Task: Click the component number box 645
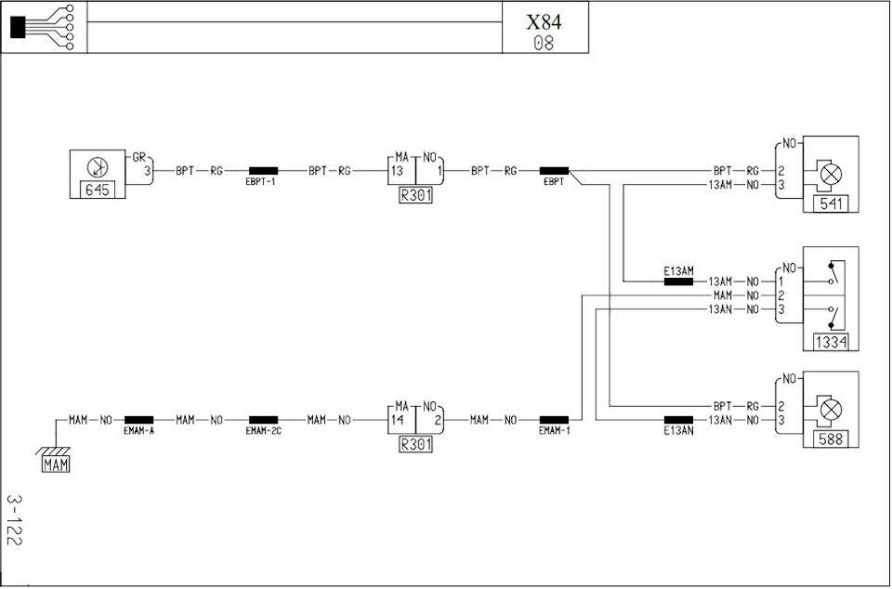(x=97, y=190)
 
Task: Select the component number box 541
(x=831, y=203)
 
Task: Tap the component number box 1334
(x=831, y=342)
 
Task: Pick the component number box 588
(x=831, y=438)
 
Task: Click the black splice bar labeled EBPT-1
(x=263, y=171)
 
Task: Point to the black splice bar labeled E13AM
(x=678, y=281)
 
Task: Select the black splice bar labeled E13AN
(x=678, y=420)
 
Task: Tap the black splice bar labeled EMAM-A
(x=138, y=420)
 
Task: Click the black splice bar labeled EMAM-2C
(x=263, y=420)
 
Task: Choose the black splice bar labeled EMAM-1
(x=554, y=420)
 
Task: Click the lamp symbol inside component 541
(x=831, y=175)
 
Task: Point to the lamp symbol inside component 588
(x=831, y=410)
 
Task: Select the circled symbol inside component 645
(x=98, y=167)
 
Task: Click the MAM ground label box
(x=56, y=465)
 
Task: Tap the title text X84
(x=544, y=22)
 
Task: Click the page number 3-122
(x=14, y=519)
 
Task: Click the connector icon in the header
(x=43, y=27)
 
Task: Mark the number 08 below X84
(x=544, y=44)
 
